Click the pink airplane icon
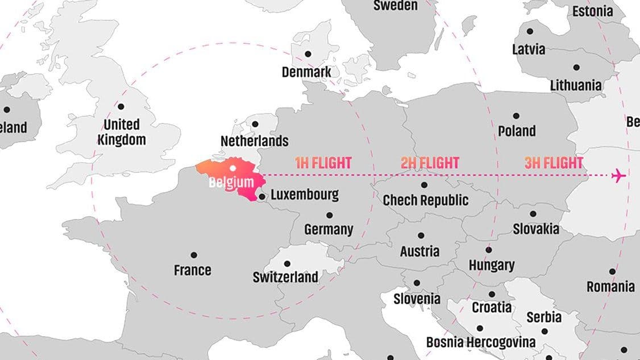tap(618, 176)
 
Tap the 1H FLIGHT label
tap(323, 163)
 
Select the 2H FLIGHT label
tap(430, 163)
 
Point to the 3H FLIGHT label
tap(554, 163)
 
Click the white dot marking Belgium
tap(232, 168)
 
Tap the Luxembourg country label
tap(304, 195)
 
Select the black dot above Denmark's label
tap(308, 54)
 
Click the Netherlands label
tap(254, 140)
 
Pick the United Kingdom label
tap(121, 132)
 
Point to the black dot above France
tap(194, 255)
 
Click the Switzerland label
tap(285, 278)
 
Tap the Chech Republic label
tap(425, 200)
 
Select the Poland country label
tap(517, 131)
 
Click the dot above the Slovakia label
tap(533, 214)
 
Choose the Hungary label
tap(491, 265)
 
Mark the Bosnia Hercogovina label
tap(481, 342)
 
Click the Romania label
tap(610, 287)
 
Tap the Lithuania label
tap(575, 85)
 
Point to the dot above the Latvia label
tap(530, 32)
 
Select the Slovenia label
tap(417, 299)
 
